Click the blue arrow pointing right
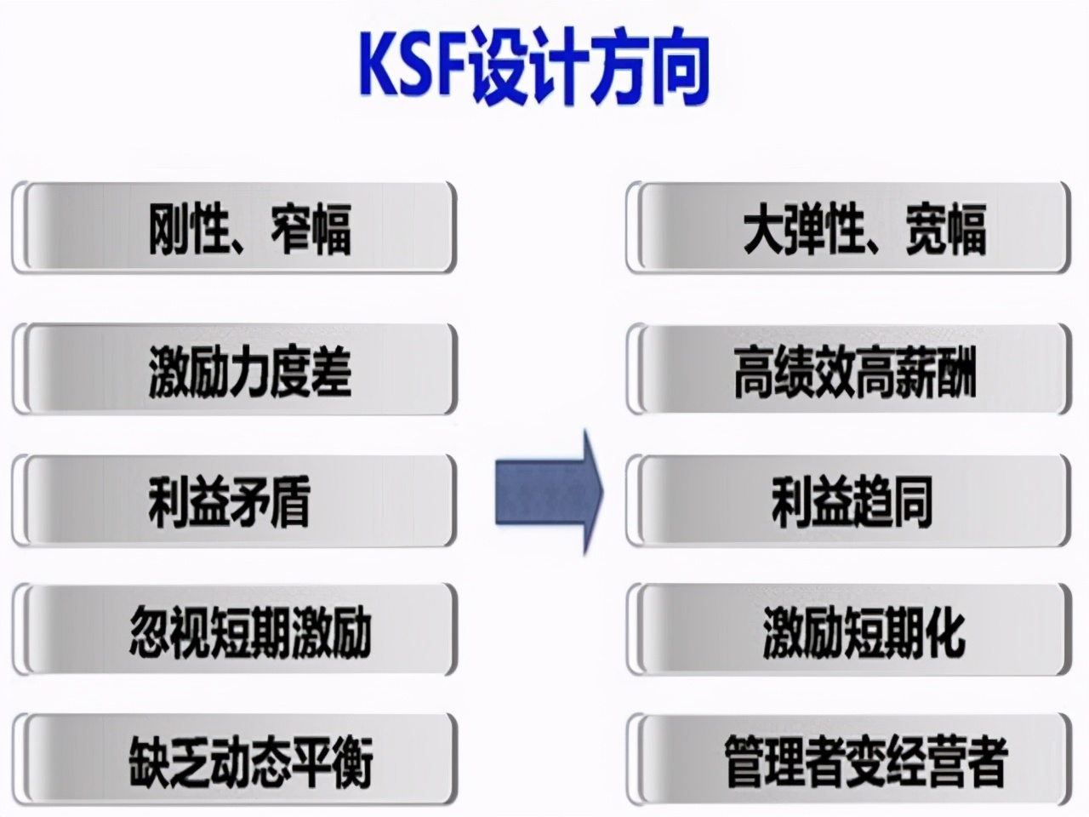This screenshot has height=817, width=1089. tap(549, 493)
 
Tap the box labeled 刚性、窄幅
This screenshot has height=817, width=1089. tap(234, 228)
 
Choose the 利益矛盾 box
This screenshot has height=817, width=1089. tap(234, 501)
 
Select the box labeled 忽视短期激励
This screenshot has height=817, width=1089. tap(234, 631)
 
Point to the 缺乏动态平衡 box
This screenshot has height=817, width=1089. tap(234, 760)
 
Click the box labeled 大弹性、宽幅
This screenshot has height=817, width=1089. tap(848, 228)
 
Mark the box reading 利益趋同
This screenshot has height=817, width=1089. tap(848, 501)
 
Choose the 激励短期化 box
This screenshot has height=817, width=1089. tap(848, 631)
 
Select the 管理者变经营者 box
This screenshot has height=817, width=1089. tap(848, 760)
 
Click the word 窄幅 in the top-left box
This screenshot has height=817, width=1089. tap(311, 229)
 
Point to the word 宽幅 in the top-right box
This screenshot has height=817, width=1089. tap(945, 229)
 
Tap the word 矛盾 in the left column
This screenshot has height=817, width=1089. tap(270, 501)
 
